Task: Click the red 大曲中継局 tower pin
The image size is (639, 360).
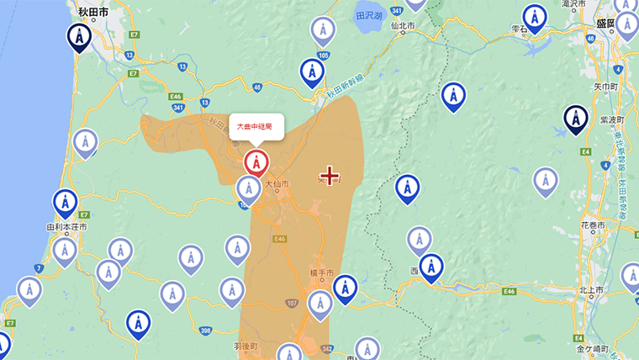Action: click(x=256, y=161)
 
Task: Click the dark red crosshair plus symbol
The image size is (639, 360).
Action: click(x=330, y=176)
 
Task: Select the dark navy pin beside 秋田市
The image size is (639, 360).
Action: click(x=80, y=37)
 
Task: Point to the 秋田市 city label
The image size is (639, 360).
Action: click(x=92, y=12)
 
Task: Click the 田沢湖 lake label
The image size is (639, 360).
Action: click(x=368, y=16)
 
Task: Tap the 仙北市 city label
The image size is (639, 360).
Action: click(x=404, y=25)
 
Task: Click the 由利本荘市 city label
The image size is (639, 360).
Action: click(x=66, y=227)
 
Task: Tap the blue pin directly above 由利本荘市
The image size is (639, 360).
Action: click(x=65, y=203)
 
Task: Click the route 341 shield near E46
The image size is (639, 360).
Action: click(x=177, y=108)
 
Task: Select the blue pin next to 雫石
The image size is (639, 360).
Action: click(x=534, y=18)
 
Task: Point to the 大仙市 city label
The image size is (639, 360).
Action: click(x=277, y=184)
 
